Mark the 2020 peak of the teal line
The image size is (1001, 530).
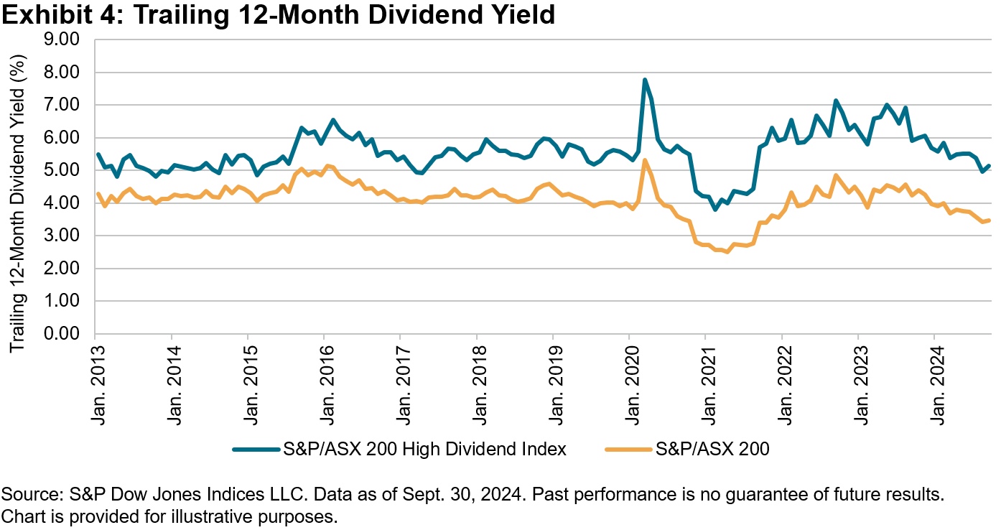coord(645,80)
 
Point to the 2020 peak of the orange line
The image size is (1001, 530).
coord(645,160)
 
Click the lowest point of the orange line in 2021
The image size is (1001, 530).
coord(727,252)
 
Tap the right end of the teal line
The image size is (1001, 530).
coord(990,166)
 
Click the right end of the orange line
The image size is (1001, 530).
coord(990,220)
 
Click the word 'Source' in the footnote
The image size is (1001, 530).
coord(25,496)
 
